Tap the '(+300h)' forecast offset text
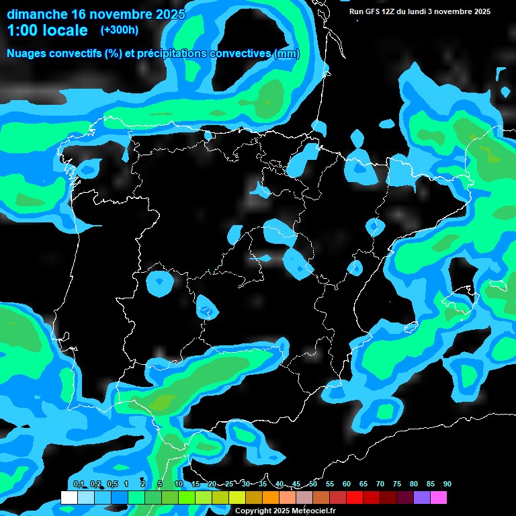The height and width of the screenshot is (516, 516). [x=119, y=30]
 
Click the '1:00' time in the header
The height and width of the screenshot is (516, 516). [x=22, y=30]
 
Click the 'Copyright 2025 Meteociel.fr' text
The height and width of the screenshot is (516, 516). [x=285, y=511]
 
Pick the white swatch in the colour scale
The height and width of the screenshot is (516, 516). [x=69, y=498]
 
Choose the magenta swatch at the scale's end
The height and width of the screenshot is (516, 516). [x=438, y=498]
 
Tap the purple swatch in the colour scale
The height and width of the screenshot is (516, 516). [x=421, y=498]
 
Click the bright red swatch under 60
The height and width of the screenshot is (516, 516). [x=354, y=498]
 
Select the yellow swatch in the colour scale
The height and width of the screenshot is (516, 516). [x=236, y=498]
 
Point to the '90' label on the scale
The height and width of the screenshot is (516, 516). [x=447, y=484]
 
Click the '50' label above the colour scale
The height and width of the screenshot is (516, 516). [x=312, y=484]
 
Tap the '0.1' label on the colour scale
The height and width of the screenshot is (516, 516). [x=78, y=484]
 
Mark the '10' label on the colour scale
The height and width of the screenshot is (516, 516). [x=178, y=484]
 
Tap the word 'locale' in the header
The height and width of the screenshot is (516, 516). [x=65, y=30]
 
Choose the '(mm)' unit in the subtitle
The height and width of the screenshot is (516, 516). [x=287, y=54]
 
